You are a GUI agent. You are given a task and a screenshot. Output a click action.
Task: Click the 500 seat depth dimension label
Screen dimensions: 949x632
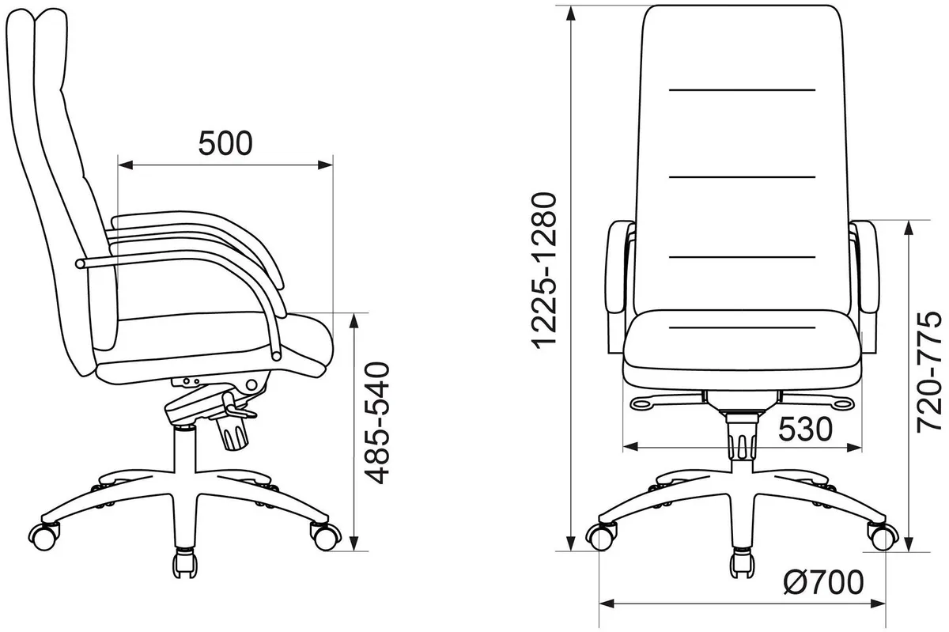point(225,143)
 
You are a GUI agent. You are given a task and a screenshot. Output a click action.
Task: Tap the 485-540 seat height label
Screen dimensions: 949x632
point(377,422)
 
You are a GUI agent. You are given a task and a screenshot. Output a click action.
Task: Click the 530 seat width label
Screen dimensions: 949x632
point(805,430)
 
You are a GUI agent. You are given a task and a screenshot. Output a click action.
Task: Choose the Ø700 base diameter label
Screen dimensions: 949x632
point(823,582)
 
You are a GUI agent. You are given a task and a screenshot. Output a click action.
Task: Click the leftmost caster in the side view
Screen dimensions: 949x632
point(43,537)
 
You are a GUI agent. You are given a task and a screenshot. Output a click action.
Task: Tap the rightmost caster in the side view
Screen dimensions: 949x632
point(325,536)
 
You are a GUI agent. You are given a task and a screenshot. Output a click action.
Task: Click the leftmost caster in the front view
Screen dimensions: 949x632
point(601,536)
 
